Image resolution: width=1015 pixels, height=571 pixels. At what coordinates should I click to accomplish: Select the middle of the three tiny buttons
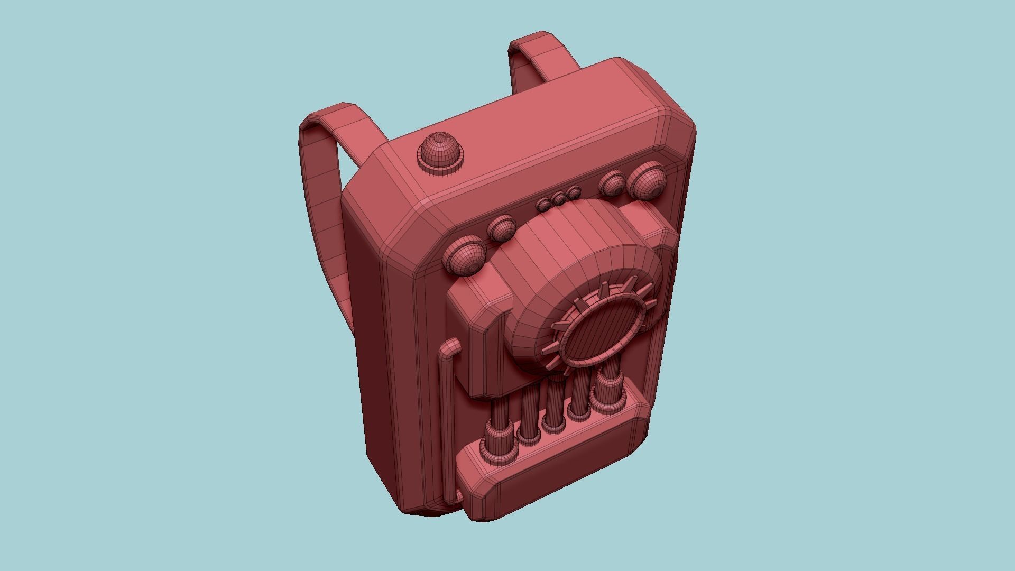(x=558, y=199)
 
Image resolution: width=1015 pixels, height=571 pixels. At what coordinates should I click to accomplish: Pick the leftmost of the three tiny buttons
(x=544, y=204)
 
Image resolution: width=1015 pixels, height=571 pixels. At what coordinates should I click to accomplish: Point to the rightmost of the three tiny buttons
(x=573, y=192)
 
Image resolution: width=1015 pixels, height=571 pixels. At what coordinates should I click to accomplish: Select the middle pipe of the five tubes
(x=554, y=404)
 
